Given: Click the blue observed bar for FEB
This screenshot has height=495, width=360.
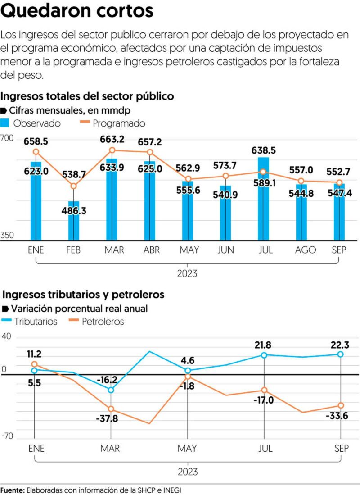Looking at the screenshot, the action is click(x=73, y=221).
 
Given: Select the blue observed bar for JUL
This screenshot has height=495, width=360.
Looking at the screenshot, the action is click(x=263, y=199).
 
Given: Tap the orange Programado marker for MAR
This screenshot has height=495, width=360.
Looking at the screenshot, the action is click(x=112, y=150).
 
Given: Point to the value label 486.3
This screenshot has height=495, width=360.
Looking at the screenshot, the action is click(x=74, y=210).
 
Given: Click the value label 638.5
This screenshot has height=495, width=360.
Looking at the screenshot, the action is click(x=263, y=150).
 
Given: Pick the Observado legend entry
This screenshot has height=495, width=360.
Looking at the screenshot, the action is click(x=31, y=123).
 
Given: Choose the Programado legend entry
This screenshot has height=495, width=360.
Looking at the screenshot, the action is click(x=112, y=123).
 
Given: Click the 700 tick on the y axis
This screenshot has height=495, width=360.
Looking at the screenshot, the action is click(x=7, y=138).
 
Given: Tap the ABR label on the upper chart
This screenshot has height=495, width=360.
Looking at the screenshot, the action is click(x=152, y=250).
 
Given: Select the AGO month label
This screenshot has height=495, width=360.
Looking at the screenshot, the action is click(x=306, y=250).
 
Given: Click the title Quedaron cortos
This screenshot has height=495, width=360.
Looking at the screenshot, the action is click(x=77, y=10).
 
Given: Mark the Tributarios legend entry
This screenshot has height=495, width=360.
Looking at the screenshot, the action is click(x=29, y=322).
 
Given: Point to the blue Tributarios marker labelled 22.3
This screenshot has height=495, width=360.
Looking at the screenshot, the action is click(x=341, y=354).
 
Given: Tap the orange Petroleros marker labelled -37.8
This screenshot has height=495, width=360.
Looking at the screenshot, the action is click(x=111, y=409).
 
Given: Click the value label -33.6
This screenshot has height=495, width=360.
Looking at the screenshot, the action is click(x=337, y=416).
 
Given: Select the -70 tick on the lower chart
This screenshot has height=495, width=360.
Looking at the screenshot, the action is click(x=7, y=436).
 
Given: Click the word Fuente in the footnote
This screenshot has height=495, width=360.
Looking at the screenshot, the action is click(x=12, y=490).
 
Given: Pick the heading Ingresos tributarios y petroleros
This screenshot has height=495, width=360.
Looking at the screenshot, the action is click(x=83, y=295).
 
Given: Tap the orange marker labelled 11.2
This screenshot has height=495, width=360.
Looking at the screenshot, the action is click(x=35, y=364).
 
